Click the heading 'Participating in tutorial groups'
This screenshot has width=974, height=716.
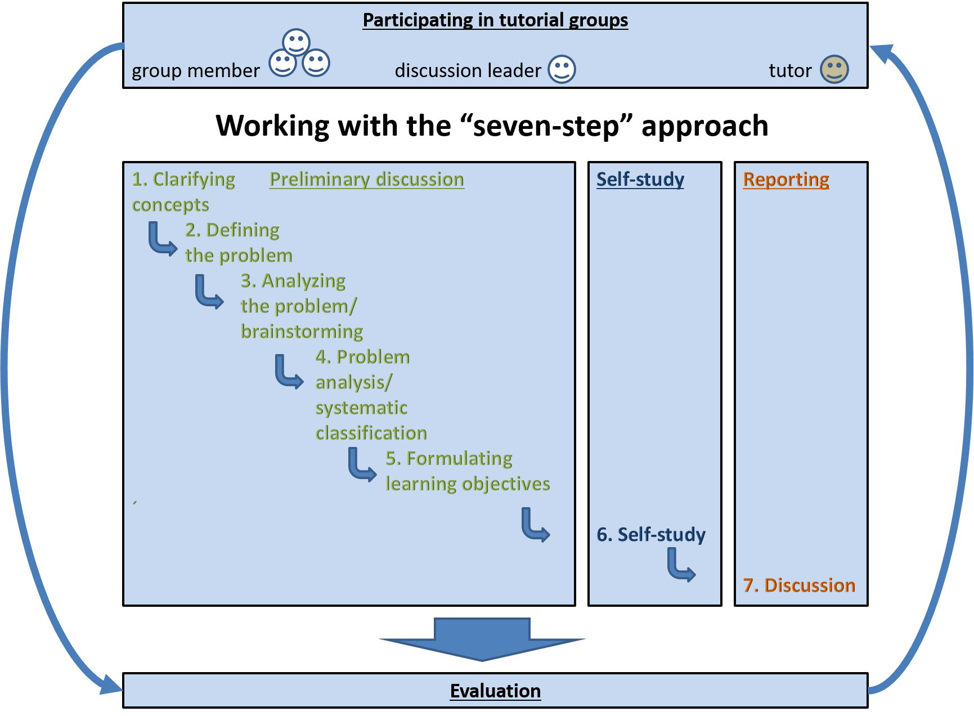495,20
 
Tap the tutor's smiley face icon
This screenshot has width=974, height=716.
834,69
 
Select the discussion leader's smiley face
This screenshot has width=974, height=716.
562,69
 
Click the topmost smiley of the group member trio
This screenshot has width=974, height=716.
296,42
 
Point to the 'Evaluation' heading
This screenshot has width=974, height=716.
495,691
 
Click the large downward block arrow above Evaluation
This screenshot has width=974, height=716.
482,639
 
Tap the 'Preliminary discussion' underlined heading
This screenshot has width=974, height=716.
367,179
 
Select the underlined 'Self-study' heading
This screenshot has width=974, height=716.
640,179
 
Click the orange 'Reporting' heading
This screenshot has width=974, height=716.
786,179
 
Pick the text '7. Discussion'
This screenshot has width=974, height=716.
799,585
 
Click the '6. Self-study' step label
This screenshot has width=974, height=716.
651,534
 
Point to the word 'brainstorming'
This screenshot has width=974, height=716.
302,332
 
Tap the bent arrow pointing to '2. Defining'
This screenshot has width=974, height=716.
162,240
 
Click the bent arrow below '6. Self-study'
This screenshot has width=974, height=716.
681,565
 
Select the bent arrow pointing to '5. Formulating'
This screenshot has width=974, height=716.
361,465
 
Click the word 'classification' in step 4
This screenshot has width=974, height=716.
371,433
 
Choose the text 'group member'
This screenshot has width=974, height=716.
195,71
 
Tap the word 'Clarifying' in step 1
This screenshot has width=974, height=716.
194,179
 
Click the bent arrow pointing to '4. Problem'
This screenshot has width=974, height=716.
289,372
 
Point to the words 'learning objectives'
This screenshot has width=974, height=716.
468,484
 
